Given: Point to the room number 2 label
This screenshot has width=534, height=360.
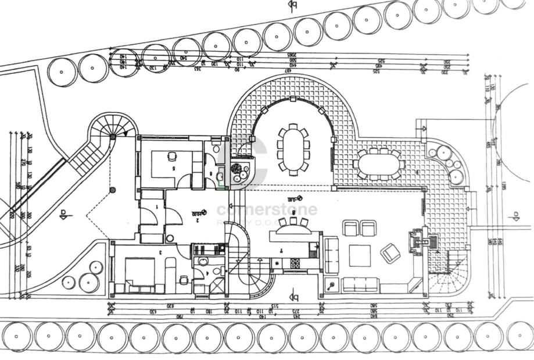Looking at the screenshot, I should (x=198, y=220).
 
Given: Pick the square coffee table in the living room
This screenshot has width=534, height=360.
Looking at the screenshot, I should (x=360, y=255).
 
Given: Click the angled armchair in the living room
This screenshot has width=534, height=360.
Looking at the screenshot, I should (x=390, y=253).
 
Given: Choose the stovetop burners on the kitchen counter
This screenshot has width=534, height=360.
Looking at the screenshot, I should (x=295, y=263).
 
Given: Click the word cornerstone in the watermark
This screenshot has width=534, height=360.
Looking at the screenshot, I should (x=267, y=209).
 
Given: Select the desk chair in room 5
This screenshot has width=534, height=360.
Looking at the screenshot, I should (x=172, y=156).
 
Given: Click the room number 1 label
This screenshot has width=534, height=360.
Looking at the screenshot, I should (x=157, y=208).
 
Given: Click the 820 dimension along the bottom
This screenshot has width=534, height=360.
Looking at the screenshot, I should (x=170, y=305).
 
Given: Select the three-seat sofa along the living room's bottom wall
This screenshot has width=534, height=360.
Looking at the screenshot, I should (x=360, y=285).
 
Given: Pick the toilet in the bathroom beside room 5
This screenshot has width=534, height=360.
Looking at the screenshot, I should (x=216, y=149).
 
